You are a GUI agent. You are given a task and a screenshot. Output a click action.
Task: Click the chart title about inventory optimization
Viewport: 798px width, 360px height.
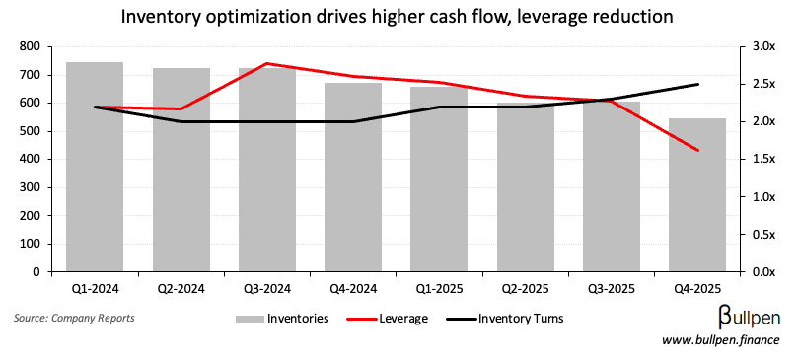[398, 17]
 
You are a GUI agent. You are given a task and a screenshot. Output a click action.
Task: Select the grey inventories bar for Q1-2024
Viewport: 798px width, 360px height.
[94, 168]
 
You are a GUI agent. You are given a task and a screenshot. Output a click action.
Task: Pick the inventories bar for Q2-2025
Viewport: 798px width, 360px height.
[525, 187]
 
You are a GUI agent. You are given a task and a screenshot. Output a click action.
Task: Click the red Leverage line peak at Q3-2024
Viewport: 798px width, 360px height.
[266, 63]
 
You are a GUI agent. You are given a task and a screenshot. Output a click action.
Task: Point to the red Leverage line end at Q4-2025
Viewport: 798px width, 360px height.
[697, 151]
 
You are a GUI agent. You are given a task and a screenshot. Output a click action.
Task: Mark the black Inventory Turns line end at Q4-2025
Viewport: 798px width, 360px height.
[697, 84]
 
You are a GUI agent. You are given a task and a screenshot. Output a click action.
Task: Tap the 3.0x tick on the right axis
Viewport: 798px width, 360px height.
[762, 46]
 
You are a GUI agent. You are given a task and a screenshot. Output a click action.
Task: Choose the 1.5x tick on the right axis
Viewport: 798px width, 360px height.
[762, 159]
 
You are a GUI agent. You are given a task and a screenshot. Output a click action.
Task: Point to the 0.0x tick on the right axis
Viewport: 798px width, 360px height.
[762, 271]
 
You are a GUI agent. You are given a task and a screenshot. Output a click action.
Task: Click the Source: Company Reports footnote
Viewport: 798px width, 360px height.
[75, 319]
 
